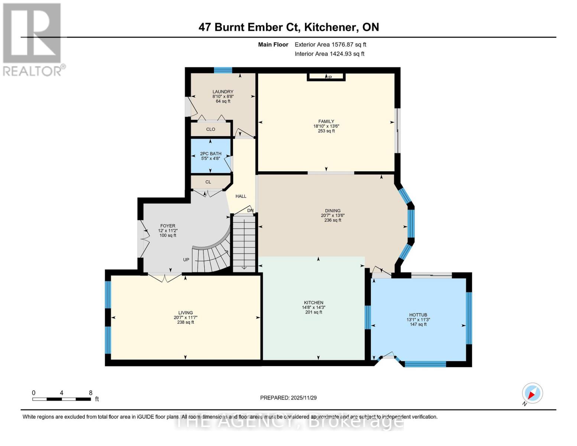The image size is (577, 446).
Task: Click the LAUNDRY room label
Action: pos(223,91)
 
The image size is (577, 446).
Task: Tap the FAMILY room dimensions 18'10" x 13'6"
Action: pos(326,126)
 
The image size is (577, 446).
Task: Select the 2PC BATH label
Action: pos(211,153)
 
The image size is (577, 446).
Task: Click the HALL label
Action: pos(241,196)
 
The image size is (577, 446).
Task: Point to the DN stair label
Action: pos(250,210)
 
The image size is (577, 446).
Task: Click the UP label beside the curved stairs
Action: pos(186,260)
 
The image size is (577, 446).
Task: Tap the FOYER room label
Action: pos(168,226)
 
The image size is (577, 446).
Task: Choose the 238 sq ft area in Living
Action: pos(185,322)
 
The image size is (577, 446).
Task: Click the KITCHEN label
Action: pos(314,303)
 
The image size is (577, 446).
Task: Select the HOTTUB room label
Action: pos(418,315)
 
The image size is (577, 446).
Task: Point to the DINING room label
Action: pos(333,211)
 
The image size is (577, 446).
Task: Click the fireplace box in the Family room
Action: pos(326,77)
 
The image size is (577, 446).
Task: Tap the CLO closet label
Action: pos(211,129)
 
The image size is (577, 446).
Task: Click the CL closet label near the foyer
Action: pos(208,182)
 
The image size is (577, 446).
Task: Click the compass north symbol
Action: pos(532,393)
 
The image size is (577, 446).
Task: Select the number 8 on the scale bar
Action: pos(91,393)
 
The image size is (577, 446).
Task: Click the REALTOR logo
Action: pos(33,39)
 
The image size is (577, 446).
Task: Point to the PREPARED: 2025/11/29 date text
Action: pos(288,398)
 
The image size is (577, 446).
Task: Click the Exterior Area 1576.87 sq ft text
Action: pos(330,44)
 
